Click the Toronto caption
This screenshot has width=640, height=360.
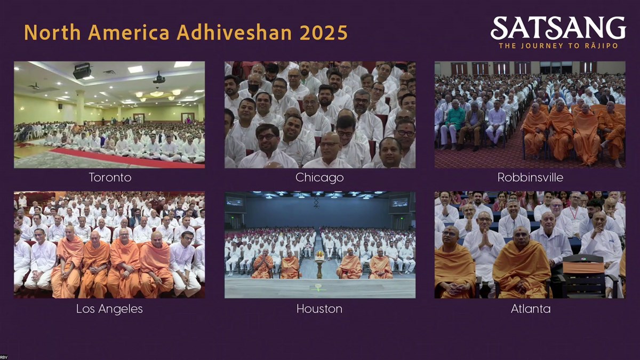(x=110, y=178)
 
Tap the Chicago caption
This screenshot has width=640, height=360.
(x=319, y=178)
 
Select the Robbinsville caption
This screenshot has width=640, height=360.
(x=530, y=178)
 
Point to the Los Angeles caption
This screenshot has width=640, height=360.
(x=109, y=309)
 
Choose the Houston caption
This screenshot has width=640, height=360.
(x=319, y=309)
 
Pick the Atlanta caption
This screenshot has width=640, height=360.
(x=531, y=309)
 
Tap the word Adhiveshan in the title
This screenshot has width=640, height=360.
(x=234, y=33)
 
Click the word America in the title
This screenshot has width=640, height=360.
(x=129, y=33)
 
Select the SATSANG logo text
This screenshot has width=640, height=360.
(x=558, y=28)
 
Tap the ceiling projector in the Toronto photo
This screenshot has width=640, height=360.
(x=82, y=71)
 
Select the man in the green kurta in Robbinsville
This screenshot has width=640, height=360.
(x=453, y=124)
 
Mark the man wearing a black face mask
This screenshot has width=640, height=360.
(x=254, y=84)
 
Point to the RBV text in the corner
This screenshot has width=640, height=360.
(x=4, y=357)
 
